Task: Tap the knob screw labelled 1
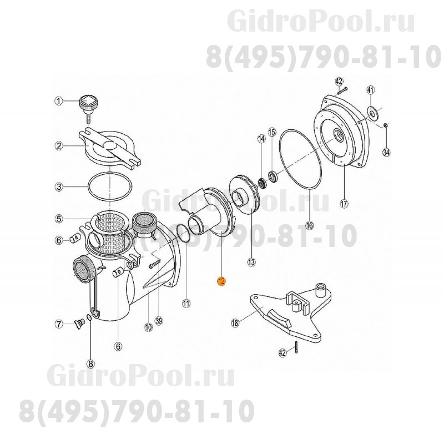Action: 88,104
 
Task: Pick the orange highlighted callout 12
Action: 221,281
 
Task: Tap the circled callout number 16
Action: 309,225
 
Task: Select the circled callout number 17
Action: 344,204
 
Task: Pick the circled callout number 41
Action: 371,90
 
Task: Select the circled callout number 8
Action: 91,364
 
